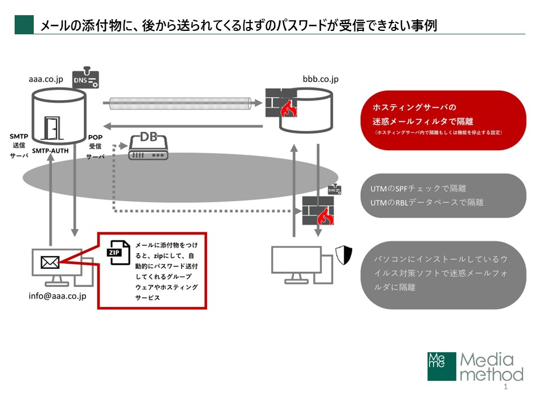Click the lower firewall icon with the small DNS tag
318,210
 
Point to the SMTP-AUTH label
51,151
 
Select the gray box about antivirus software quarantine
444,274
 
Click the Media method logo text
491,367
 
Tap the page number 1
506,388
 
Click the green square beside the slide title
24,25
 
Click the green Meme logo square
440,367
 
